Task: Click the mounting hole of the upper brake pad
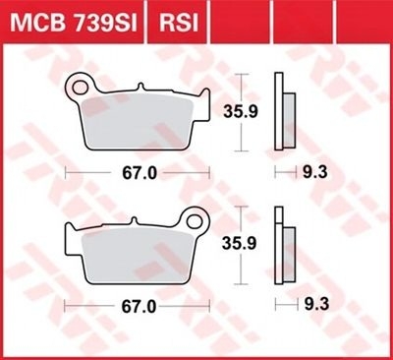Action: (x=80, y=87)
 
